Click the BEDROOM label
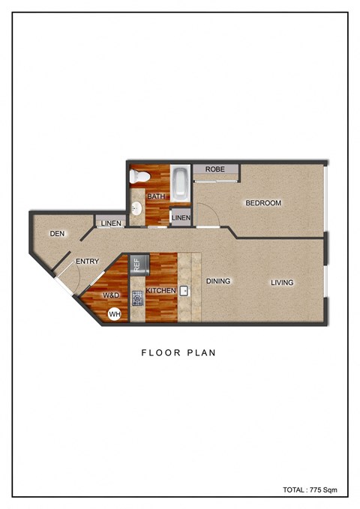click(262, 203)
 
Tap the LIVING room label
click(282, 283)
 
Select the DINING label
click(218, 282)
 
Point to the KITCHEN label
click(160, 290)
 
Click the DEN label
click(58, 234)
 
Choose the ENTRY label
click(87, 262)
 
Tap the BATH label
click(155, 197)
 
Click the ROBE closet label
click(216, 169)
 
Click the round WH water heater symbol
click(114, 315)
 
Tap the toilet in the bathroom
click(139, 177)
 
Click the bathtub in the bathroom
click(180, 182)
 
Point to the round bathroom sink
click(136, 209)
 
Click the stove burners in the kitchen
click(137, 298)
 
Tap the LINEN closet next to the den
click(109, 223)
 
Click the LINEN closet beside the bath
click(181, 218)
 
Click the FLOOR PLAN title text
click(178, 352)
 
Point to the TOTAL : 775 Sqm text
click(310, 490)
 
